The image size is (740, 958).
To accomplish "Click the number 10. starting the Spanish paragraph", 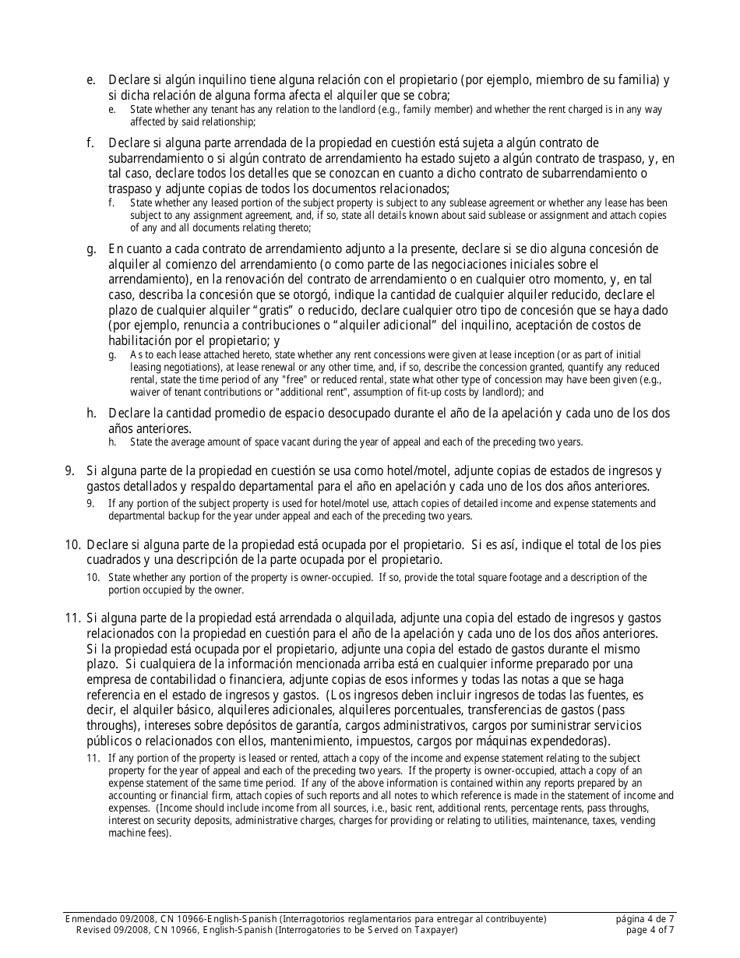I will click(73, 545).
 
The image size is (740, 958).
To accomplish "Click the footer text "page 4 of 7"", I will click(646, 930).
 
